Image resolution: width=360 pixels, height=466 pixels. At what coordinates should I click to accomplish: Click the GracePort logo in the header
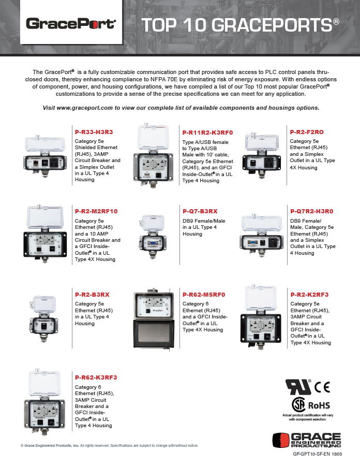pos(71,23)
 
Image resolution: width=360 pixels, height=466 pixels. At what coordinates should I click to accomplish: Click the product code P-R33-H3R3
pos(94,133)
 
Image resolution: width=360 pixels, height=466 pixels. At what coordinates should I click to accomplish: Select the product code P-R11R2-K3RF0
pos(207,133)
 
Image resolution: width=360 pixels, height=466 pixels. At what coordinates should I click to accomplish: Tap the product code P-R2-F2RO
pos(307,132)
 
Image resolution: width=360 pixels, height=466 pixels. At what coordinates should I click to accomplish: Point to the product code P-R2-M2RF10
pos(96,211)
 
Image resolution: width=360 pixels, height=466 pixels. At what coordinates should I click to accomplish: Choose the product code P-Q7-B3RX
pos(200,211)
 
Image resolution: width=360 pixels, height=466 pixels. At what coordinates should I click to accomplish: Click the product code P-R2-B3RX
pos(92,295)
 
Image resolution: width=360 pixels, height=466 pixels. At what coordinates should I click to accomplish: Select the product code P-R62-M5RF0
pos(204,295)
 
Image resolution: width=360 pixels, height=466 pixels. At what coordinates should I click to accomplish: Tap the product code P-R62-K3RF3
pos(96,377)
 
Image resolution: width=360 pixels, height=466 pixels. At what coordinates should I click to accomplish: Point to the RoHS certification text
pos(319,404)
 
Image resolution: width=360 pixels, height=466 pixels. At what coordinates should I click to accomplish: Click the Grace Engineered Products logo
pos(307,441)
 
